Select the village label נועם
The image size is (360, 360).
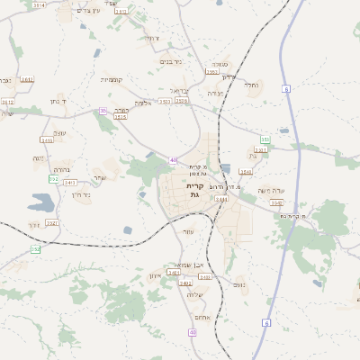[x=239, y=285]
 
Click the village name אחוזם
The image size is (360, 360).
[x=200, y=316]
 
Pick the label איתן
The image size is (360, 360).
[x=154, y=274]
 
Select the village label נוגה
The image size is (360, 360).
[x=39, y=158]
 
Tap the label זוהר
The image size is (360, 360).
[x=34, y=224]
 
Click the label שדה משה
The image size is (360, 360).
[x=271, y=190]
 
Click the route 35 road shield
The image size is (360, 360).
[x=103, y=111]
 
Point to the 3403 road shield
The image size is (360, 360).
[x=205, y=276]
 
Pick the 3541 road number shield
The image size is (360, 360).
[x=247, y=170]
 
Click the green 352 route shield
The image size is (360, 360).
[x=265, y=139]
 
